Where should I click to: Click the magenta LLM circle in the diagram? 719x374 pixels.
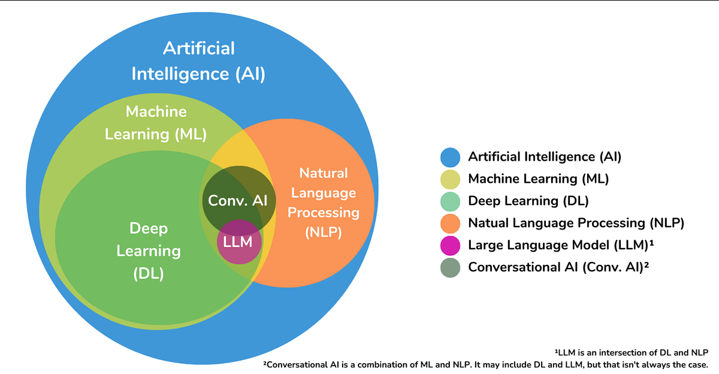click(238, 243)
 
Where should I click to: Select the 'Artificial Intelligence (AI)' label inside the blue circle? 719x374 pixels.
click(198, 61)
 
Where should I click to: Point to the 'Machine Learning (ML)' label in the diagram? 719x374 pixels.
click(156, 123)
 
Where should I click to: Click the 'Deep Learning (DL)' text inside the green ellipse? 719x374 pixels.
click(149, 251)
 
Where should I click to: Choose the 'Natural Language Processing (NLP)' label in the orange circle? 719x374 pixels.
click(323, 203)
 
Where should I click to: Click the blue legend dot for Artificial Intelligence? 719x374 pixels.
click(450, 157)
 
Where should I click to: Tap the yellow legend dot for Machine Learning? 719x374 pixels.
click(450, 179)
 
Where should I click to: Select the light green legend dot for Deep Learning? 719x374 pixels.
click(450, 201)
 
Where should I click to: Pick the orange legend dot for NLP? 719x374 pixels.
click(450, 223)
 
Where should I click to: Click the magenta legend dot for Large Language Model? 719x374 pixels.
click(450, 245)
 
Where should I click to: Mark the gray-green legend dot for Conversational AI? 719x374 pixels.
click(450, 267)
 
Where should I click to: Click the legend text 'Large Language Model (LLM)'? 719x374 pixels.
click(560, 245)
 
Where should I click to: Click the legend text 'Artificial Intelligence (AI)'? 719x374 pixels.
click(545, 157)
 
